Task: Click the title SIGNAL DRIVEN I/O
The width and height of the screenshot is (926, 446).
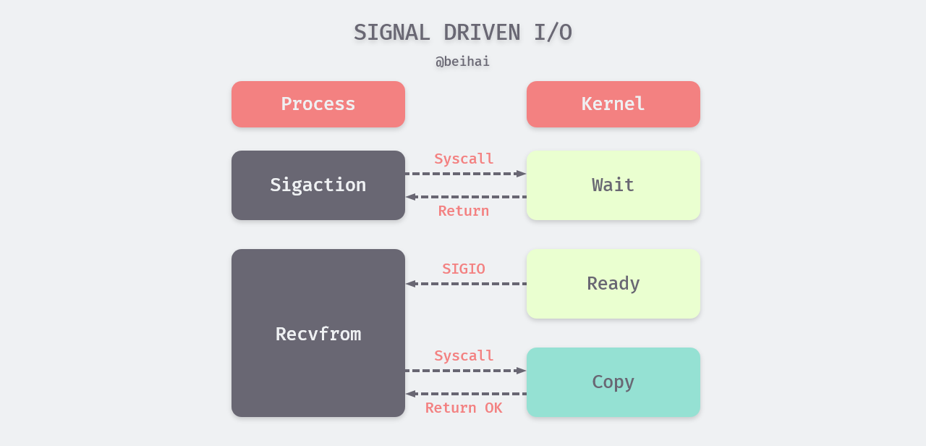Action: (x=462, y=33)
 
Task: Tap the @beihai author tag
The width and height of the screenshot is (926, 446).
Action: (x=462, y=62)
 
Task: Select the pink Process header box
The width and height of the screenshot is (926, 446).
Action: (x=318, y=104)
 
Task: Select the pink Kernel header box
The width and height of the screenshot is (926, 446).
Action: (x=613, y=104)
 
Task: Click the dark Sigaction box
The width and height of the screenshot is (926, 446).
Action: (x=318, y=185)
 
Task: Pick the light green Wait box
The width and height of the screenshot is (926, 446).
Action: (x=613, y=185)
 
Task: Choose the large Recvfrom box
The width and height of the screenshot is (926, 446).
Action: (x=318, y=333)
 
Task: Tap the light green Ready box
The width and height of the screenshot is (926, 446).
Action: (x=613, y=284)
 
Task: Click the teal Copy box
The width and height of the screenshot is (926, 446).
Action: (x=613, y=382)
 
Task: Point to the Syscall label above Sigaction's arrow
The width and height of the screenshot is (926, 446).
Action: (x=464, y=159)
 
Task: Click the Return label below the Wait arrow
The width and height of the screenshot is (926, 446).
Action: (x=464, y=211)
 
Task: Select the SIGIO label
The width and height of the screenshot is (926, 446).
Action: (x=464, y=269)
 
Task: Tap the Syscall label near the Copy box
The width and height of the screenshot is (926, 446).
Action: (x=464, y=355)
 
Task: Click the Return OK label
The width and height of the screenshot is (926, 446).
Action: (x=464, y=408)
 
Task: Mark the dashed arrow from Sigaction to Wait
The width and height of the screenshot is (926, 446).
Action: (x=463, y=174)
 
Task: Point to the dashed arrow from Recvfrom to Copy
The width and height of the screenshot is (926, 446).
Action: (x=463, y=371)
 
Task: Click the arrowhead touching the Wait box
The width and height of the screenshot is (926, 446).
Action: (x=521, y=174)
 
